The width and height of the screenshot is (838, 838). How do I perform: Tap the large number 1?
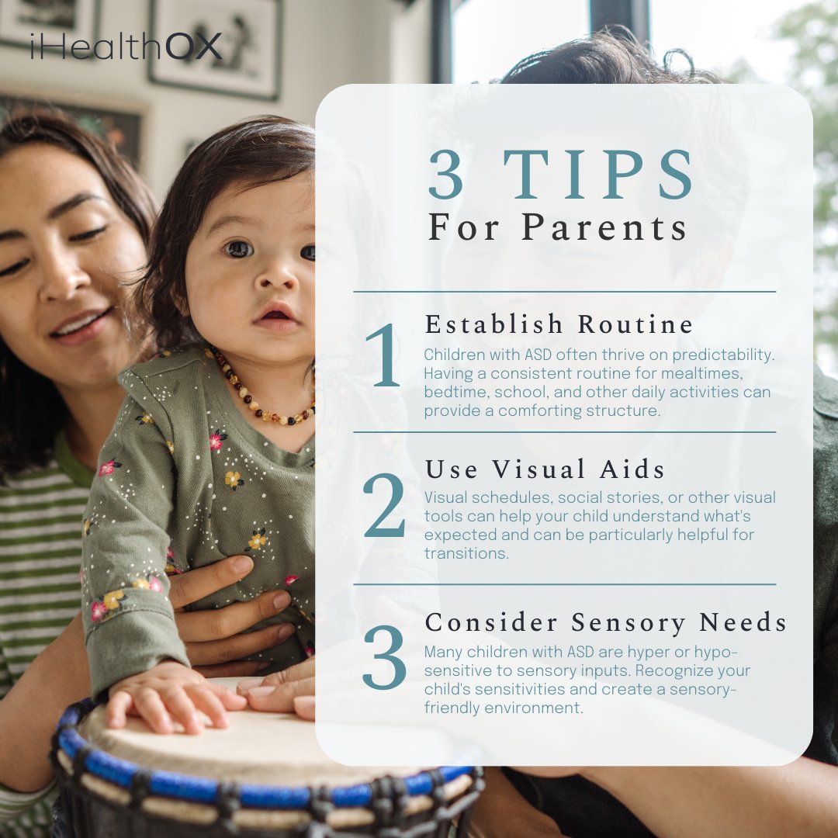click(384, 356)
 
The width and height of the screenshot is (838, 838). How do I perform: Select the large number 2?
click(384, 505)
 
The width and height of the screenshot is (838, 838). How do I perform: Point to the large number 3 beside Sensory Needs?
click(384, 657)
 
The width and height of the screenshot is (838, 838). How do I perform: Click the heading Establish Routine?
click(559, 324)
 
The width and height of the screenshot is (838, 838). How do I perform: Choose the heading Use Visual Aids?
click(545, 469)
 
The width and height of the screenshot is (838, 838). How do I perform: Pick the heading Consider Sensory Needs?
click(606, 622)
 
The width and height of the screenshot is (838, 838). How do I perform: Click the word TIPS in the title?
click(598, 175)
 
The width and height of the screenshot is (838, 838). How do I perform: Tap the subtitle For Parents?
click(558, 227)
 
